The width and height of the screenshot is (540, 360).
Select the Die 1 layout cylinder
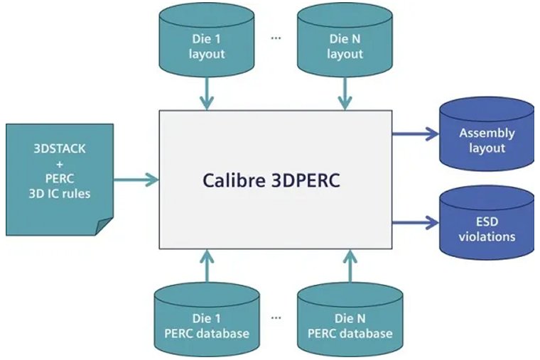pyautogui.click(x=206, y=45)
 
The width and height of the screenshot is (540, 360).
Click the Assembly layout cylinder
pyautogui.click(x=486, y=140)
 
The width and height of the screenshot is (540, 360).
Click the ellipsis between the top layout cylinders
pyautogui.click(x=276, y=38)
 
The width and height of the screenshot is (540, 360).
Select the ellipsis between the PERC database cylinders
pyautogui.click(x=276, y=317)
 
